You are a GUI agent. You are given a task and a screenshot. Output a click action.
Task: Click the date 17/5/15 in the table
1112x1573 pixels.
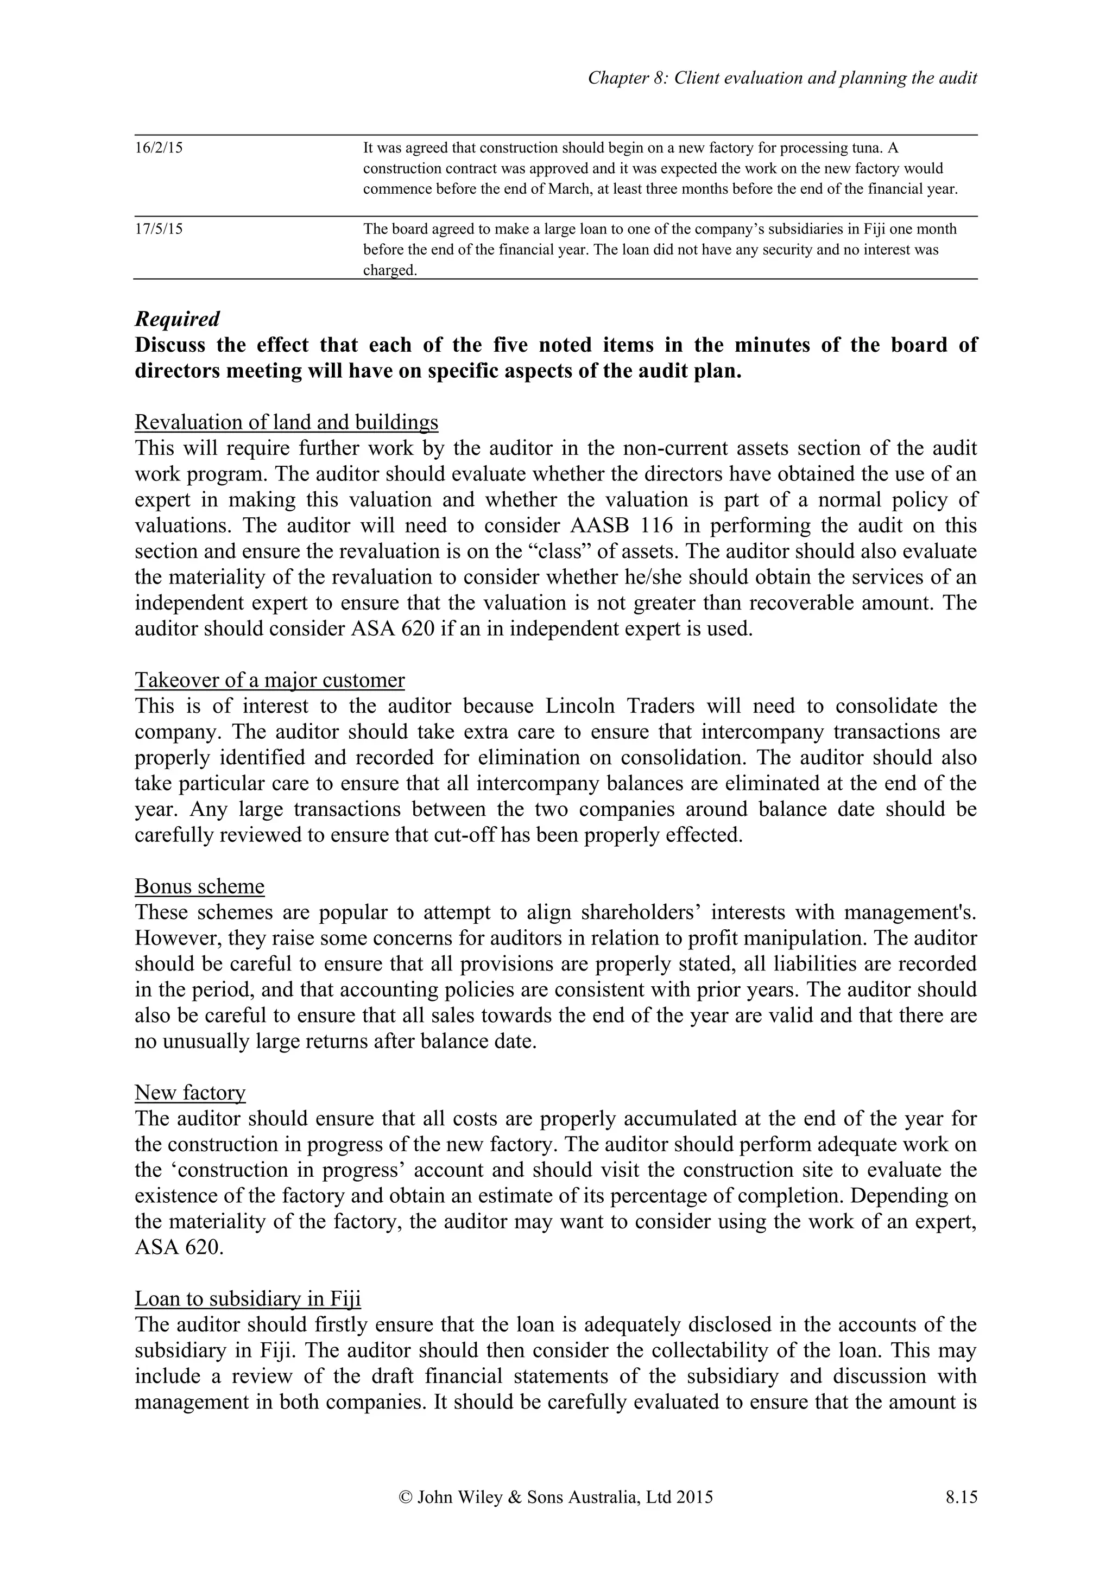158,229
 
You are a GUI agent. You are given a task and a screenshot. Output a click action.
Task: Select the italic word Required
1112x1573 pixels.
177,319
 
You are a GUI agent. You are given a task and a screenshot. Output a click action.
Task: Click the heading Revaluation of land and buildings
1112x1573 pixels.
286,422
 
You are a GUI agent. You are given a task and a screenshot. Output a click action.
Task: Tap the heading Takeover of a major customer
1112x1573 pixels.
269,680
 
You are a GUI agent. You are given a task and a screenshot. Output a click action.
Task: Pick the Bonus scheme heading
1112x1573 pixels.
199,886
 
